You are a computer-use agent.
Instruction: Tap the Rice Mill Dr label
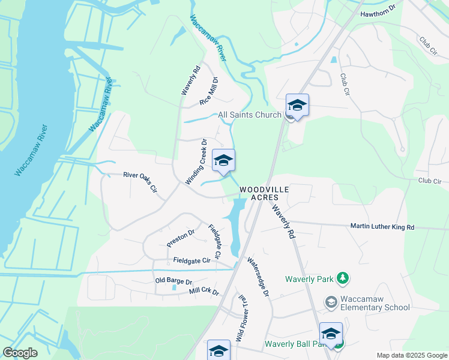(208, 91)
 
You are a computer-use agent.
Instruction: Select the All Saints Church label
(249, 115)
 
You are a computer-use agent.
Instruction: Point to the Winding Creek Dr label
(196, 162)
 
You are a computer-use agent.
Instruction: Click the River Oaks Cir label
(140, 182)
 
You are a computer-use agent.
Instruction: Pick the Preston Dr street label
(181, 238)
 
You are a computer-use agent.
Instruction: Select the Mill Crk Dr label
(204, 292)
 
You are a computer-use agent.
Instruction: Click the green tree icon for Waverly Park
(342, 278)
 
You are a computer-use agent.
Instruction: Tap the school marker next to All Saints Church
(297, 106)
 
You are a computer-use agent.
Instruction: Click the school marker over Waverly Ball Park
(331, 334)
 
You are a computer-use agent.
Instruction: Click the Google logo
(20, 353)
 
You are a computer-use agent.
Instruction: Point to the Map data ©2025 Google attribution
(411, 355)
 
